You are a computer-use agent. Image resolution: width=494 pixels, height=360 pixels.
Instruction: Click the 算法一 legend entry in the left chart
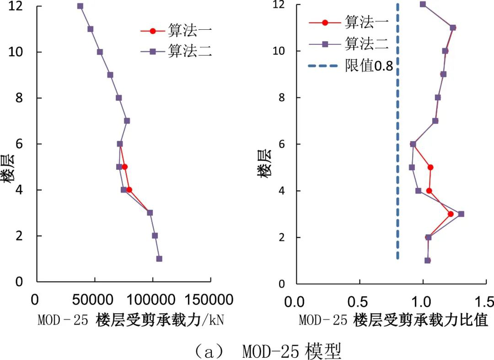[x=176, y=31]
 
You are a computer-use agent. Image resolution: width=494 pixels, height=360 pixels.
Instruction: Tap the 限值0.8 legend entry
[x=350, y=66]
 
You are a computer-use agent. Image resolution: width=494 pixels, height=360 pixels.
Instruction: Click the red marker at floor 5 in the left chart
[x=124, y=167]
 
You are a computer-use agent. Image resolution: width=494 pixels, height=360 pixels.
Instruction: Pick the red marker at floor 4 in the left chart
[x=129, y=190]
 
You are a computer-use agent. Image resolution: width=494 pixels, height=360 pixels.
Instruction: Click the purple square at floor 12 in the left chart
[x=80, y=6]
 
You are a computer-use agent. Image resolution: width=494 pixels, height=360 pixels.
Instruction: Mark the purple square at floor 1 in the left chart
[x=159, y=258]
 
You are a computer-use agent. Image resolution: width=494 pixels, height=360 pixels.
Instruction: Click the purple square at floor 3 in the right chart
[x=461, y=214]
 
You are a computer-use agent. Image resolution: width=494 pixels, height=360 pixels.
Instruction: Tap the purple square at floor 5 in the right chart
[x=412, y=167]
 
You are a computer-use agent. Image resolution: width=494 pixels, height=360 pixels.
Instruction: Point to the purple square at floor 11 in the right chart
[x=453, y=27]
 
